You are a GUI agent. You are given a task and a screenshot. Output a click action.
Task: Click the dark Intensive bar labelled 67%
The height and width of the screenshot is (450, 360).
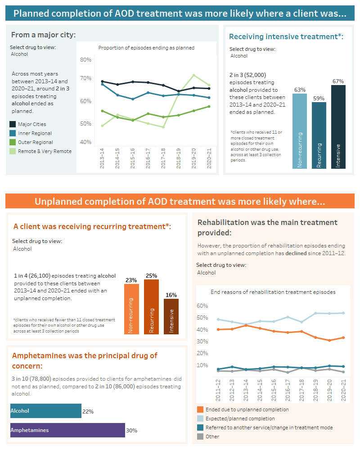coord(338,127)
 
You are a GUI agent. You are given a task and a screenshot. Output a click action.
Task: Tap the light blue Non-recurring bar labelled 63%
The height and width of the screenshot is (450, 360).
coord(300,131)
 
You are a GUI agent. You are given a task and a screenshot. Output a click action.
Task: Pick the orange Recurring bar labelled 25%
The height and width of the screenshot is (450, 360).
coord(151,307)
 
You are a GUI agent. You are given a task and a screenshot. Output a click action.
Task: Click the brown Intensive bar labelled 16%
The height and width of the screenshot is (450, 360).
coord(171,316)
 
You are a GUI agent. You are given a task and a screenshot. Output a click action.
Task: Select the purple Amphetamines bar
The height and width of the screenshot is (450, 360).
coord(67,430)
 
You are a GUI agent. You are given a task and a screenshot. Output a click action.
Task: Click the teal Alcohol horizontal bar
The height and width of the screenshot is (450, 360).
coord(46,411)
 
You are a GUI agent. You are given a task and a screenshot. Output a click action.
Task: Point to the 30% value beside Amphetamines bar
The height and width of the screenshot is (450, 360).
coord(131,431)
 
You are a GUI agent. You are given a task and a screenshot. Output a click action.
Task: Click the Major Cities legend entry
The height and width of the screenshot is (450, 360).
coord(31,124)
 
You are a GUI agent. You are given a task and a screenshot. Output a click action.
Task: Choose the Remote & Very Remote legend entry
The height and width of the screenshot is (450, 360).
coord(44,151)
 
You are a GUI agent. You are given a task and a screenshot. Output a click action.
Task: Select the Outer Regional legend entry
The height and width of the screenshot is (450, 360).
coord(35,142)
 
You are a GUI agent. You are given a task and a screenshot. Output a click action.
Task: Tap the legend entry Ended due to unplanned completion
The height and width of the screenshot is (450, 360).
coord(247,409)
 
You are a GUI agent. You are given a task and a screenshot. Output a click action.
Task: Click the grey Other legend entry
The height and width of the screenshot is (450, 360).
coord(212,436)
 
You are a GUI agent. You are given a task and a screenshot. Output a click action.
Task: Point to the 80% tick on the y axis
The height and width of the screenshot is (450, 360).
coord(85,60)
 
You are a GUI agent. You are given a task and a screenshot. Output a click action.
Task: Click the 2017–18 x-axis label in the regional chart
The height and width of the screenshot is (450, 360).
coord(163,157)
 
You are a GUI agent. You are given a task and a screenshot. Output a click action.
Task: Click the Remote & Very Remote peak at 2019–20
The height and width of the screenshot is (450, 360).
coord(194,75)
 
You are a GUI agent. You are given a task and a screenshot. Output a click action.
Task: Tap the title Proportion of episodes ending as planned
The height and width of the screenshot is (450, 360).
coord(146,48)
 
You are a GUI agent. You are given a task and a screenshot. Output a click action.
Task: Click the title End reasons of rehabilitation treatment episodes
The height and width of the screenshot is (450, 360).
coord(273,292)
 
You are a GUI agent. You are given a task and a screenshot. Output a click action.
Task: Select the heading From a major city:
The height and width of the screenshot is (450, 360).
coord(43,35)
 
